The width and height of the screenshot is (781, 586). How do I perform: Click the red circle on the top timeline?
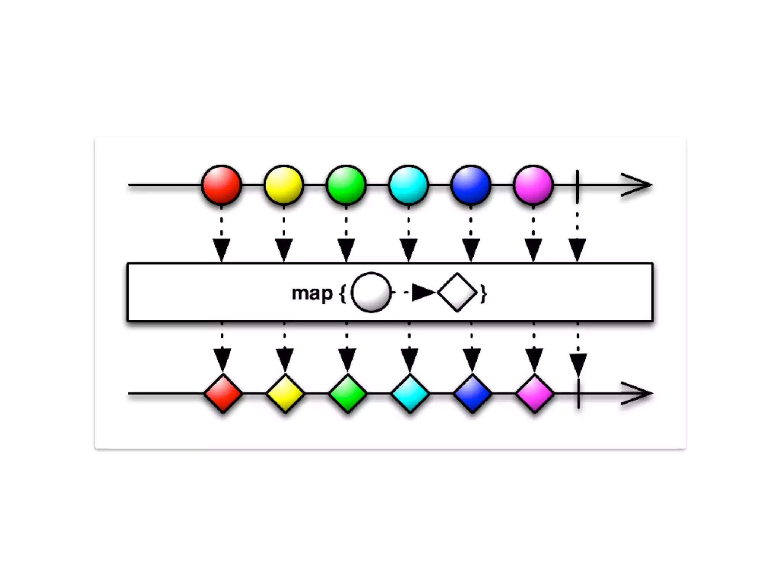(x=222, y=185)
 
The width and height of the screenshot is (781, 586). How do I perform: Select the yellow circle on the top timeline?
(x=284, y=185)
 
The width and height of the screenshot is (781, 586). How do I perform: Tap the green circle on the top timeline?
(x=346, y=185)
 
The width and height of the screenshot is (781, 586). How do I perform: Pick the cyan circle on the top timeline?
(x=408, y=185)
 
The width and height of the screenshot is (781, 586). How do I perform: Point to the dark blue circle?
(x=471, y=185)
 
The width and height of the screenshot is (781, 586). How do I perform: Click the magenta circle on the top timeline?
(x=533, y=185)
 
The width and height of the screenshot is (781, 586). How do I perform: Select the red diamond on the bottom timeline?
(x=223, y=393)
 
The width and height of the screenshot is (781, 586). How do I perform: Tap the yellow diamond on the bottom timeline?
(x=285, y=393)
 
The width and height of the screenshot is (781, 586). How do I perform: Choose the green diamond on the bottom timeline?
(x=347, y=393)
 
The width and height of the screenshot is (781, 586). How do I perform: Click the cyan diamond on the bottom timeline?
(x=410, y=393)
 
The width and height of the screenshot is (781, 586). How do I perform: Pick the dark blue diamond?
(x=472, y=393)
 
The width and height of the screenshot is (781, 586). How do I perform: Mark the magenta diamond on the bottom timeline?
(x=535, y=393)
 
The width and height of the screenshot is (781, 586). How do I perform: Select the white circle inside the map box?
(x=371, y=293)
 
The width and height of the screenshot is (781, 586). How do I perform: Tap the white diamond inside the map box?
(x=457, y=293)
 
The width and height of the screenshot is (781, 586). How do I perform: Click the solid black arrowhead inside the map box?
(x=423, y=293)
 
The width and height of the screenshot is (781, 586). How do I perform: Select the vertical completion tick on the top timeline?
(x=578, y=186)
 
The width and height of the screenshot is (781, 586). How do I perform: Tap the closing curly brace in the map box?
(x=484, y=294)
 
